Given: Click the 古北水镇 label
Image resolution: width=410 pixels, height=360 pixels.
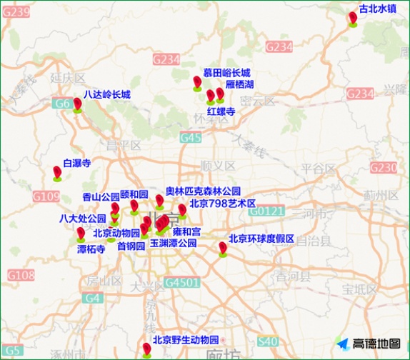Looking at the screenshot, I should [x=377, y=9].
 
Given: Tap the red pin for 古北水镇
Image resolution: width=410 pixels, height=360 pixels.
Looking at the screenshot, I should [x=353, y=18].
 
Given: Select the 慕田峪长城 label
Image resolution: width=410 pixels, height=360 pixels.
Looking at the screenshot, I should [x=226, y=73].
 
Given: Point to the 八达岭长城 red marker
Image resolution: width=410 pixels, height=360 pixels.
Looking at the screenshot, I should [x=77, y=104].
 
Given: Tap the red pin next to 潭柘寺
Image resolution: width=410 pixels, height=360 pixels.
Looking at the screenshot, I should [x=81, y=233].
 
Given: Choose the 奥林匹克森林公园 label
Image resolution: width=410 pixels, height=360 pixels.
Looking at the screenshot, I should [x=203, y=191].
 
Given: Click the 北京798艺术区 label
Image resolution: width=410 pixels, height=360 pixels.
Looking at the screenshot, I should [x=222, y=204].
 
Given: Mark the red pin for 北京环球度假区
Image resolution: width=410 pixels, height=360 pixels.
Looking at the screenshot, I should [x=223, y=247].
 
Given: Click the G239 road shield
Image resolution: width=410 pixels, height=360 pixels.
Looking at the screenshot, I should [x=18, y=11].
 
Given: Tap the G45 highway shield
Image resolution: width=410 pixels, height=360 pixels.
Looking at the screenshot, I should [x=191, y=137].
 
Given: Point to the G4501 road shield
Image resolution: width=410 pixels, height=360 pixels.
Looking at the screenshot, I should [x=181, y=282].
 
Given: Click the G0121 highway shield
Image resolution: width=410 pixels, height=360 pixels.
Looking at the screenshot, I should [x=267, y=211].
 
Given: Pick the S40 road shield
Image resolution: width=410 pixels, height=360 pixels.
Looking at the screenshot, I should [x=268, y=342].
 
